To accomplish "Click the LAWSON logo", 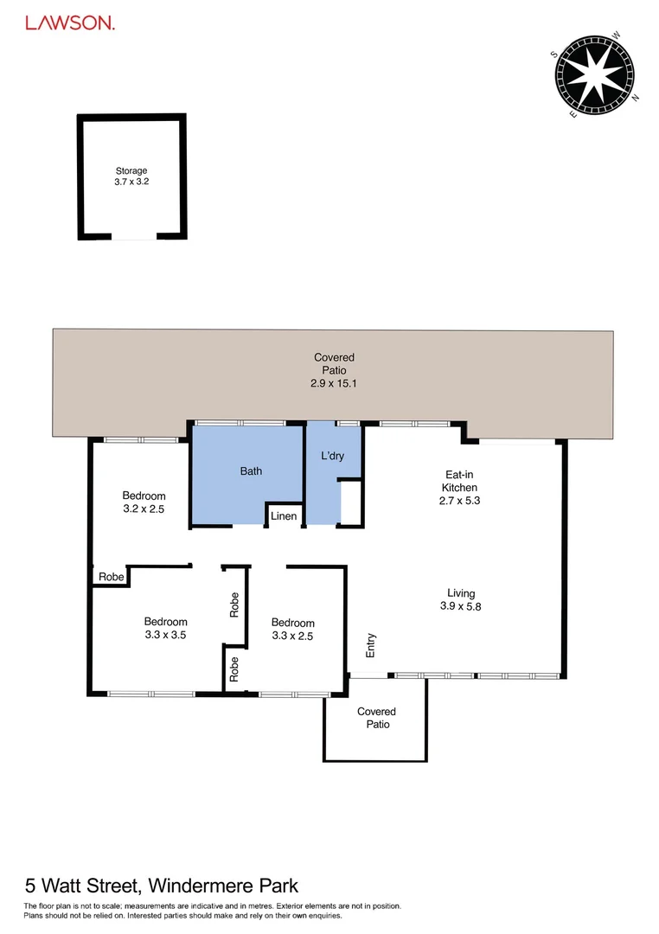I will [x=69, y=24].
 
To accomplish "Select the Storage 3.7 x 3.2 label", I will [x=131, y=176].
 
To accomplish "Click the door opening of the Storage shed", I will [x=133, y=236].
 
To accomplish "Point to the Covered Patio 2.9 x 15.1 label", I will [x=334, y=369].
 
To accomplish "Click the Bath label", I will [x=251, y=471].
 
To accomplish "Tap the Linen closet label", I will [x=284, y=516].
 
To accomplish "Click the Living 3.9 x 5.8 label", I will [x=460, y=599].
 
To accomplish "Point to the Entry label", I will [x=371, y=646].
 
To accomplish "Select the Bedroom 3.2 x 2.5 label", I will [x=144, y=502].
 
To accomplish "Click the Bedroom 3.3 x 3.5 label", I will [x=165, y=628].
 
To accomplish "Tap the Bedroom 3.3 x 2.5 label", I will [x=292, y=629].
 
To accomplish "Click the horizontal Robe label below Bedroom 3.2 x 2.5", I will [x=111, y=577].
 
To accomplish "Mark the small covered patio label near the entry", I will [x=376, y=718].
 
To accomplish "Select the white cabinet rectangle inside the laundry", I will [x=351, y=502].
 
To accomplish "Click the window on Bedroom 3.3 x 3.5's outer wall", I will [x=151, y=693].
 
